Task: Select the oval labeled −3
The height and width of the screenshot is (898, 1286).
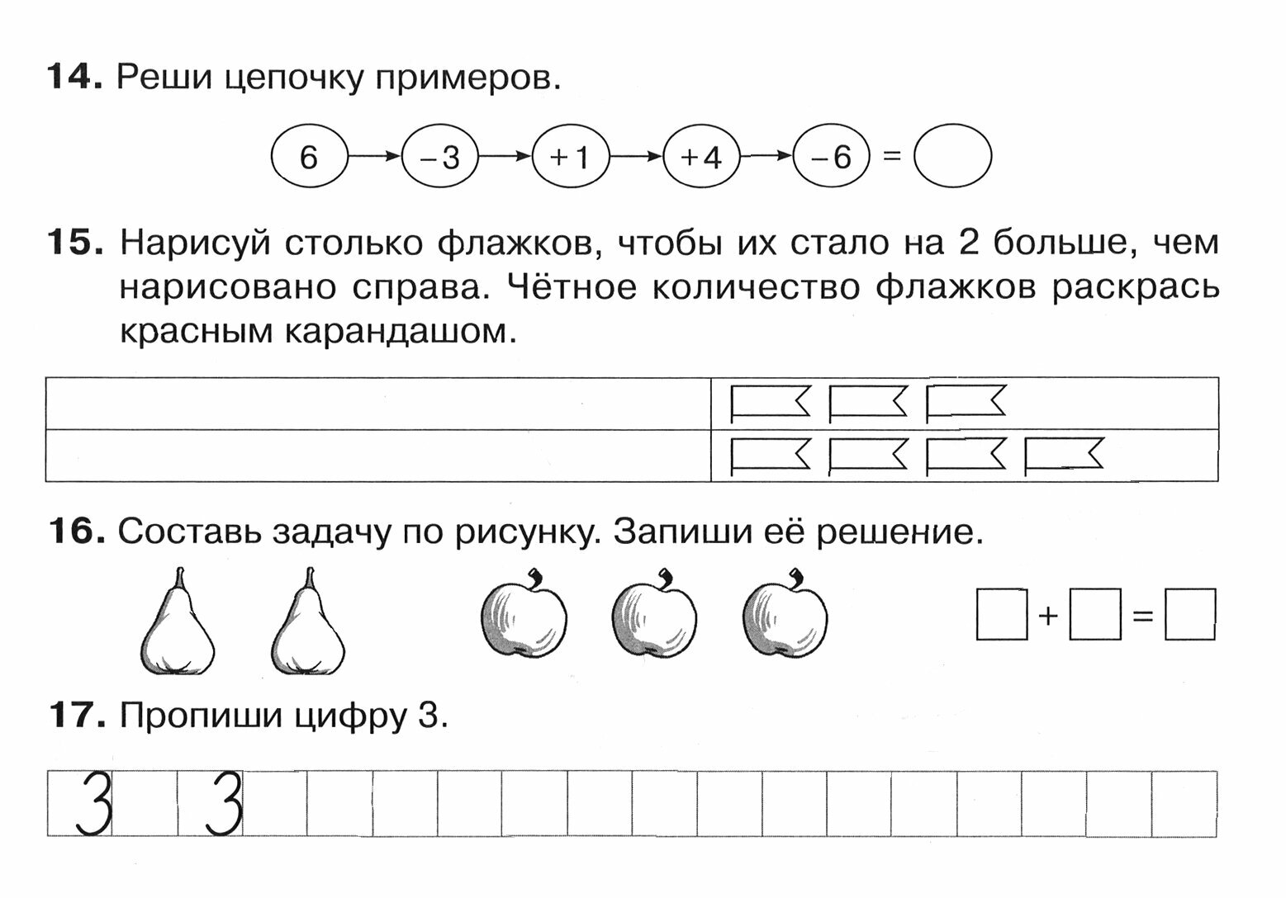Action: [440, 156]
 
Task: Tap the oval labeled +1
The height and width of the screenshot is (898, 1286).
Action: [571, 156]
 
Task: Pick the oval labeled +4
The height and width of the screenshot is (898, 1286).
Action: [701, 156]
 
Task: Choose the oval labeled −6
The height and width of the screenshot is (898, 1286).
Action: [832, 156]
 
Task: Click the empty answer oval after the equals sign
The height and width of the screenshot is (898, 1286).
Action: [952, 156]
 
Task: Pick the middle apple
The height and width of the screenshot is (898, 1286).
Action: [655, 615]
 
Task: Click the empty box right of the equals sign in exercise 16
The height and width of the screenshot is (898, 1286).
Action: [1190, 614]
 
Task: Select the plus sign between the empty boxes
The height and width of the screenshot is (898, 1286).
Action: [1048, 615]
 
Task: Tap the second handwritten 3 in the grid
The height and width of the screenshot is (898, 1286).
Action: [223, 803]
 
